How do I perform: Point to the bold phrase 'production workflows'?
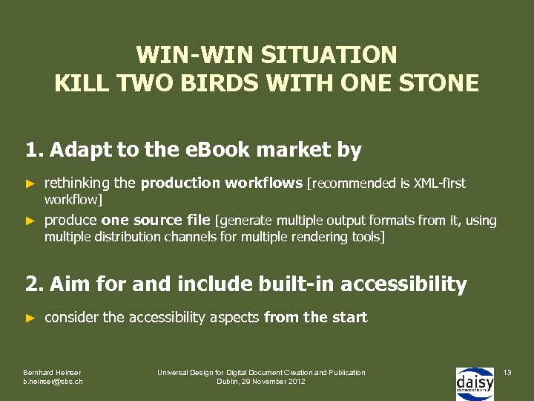coord(222,183)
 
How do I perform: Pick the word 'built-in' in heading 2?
coord(297,284)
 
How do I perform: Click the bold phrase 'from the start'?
coord(315,318)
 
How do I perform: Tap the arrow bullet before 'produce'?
coord(30,221)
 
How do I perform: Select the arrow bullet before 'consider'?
coord(30,318)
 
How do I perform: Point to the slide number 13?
coord(507,371)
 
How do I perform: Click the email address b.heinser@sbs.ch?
coord(53,382)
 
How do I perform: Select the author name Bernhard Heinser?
coord(52,372)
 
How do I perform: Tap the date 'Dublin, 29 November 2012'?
coord(260,382)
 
